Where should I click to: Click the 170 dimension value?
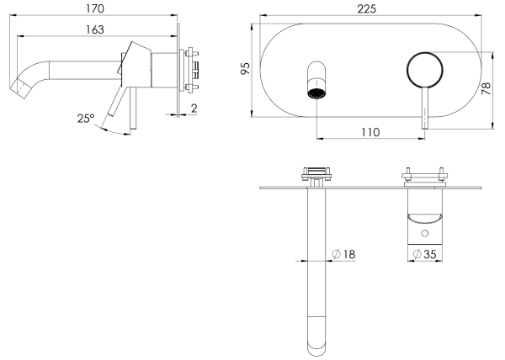pos(95,8)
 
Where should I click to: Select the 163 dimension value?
pos(95,29)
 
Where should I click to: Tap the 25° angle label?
pos(86,119)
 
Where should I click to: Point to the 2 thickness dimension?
pos(194,109)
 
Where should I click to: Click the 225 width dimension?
pos(366,8)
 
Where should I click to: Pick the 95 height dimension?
pos(246,68)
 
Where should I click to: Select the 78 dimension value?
pos(486,88)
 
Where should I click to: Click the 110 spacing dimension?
pos(370,132)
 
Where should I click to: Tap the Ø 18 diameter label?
pos(343,254)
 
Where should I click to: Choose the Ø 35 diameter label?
pos(424,254)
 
